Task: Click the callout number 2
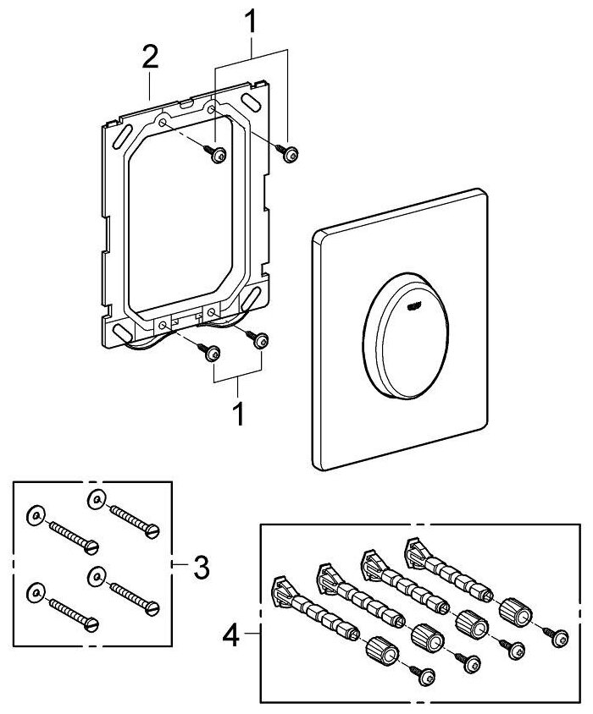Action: coord(149,58)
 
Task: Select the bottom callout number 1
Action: coord(238,415)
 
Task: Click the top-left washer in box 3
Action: coord(34,514)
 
